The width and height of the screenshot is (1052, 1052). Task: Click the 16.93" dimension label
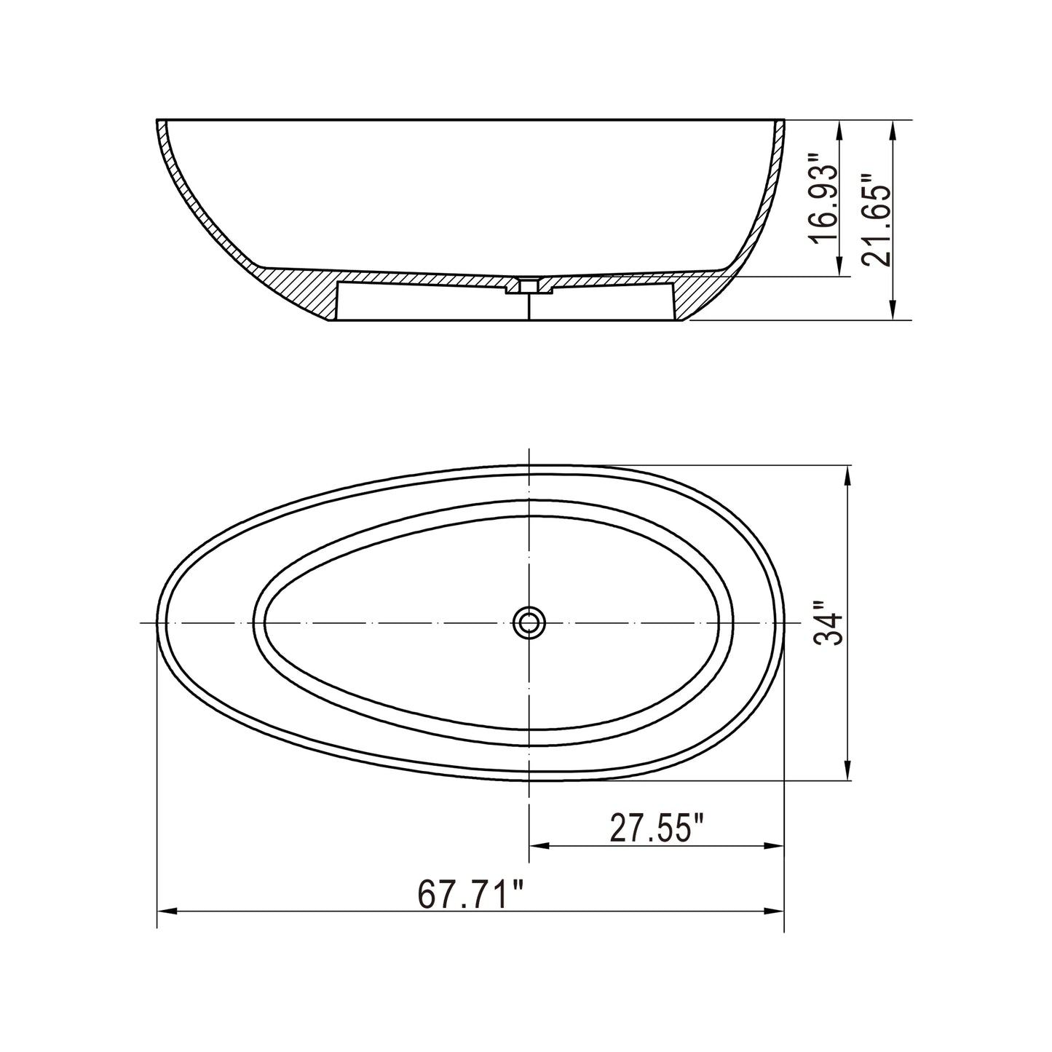[823, 199]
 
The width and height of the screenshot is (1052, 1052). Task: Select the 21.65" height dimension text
[874, 220]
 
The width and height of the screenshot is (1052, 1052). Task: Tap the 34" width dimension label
[828, 623]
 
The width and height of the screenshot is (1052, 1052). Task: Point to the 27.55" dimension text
[657, 828]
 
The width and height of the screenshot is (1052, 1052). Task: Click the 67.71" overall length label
[471, 894]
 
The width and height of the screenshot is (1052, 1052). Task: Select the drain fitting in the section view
[529, 286]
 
